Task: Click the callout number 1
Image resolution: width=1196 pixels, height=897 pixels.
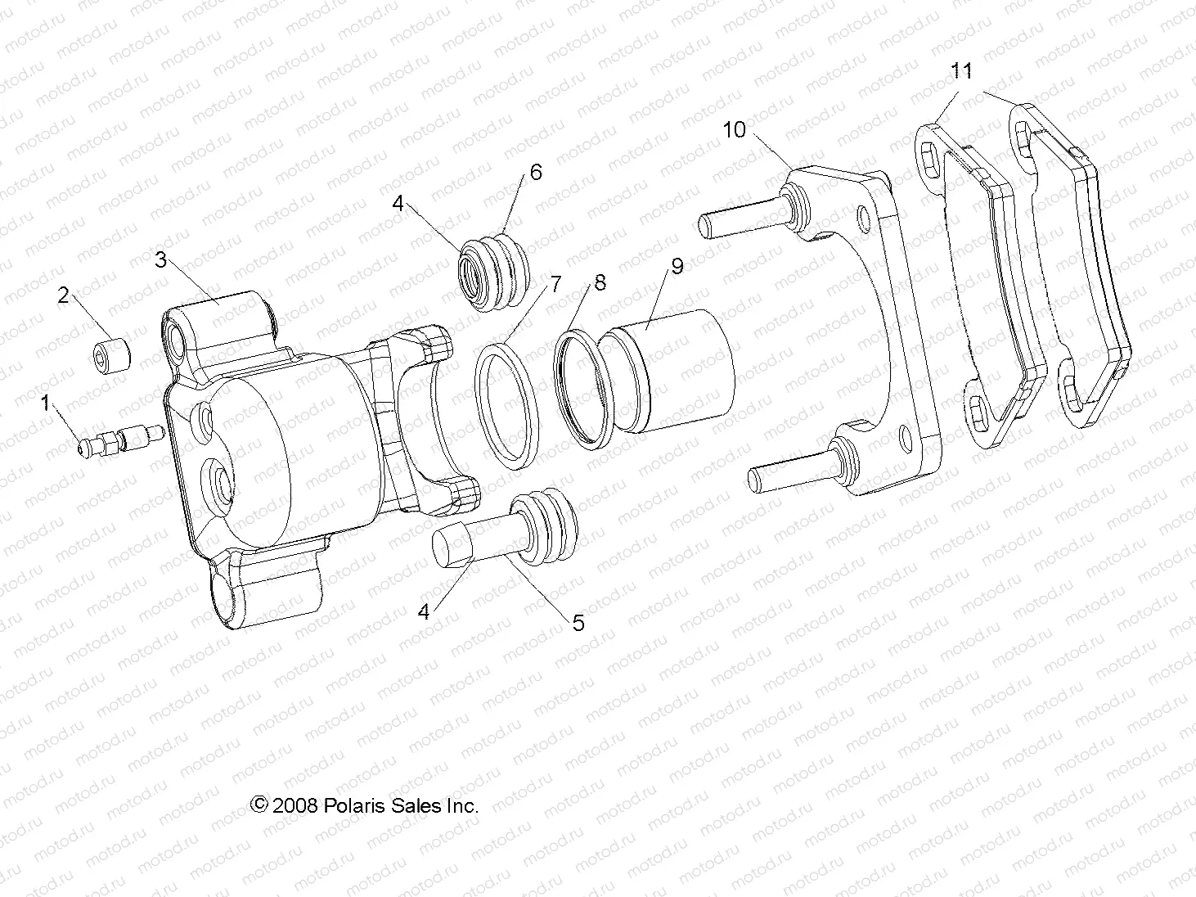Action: [x=47, y=402]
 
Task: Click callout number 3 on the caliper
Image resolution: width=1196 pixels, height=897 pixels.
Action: [x=161, y=259]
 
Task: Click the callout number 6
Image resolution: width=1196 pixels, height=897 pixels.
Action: [x=536, y=172]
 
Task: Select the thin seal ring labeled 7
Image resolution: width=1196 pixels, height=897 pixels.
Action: [x=508, y=405]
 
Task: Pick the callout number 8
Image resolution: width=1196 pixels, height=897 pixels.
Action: [x=600, y=283]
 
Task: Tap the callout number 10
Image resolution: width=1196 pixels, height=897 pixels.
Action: [x=734, y=129]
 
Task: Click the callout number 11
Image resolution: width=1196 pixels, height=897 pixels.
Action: [x=962, y=71]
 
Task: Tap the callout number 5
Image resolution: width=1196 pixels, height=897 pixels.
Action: [x=578, y=623]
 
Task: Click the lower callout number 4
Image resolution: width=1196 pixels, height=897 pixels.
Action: [x=423, y=611]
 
